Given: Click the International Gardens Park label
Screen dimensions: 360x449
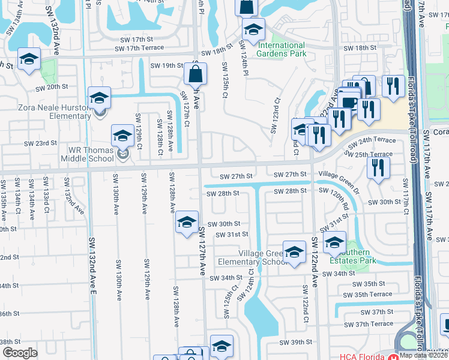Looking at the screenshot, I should (x=280, y=49).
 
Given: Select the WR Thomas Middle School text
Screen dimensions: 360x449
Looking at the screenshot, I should (x=87, y=155).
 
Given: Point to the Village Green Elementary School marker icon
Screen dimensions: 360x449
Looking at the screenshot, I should (x=294, y=252).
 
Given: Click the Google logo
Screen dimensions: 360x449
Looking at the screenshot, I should (x=20, y=353).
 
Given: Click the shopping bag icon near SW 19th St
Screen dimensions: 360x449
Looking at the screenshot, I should (x=196, y=75).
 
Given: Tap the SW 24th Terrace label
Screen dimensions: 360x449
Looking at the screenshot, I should (x=376, y=140).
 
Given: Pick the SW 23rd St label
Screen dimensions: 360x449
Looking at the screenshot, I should (x=40, y=143).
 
